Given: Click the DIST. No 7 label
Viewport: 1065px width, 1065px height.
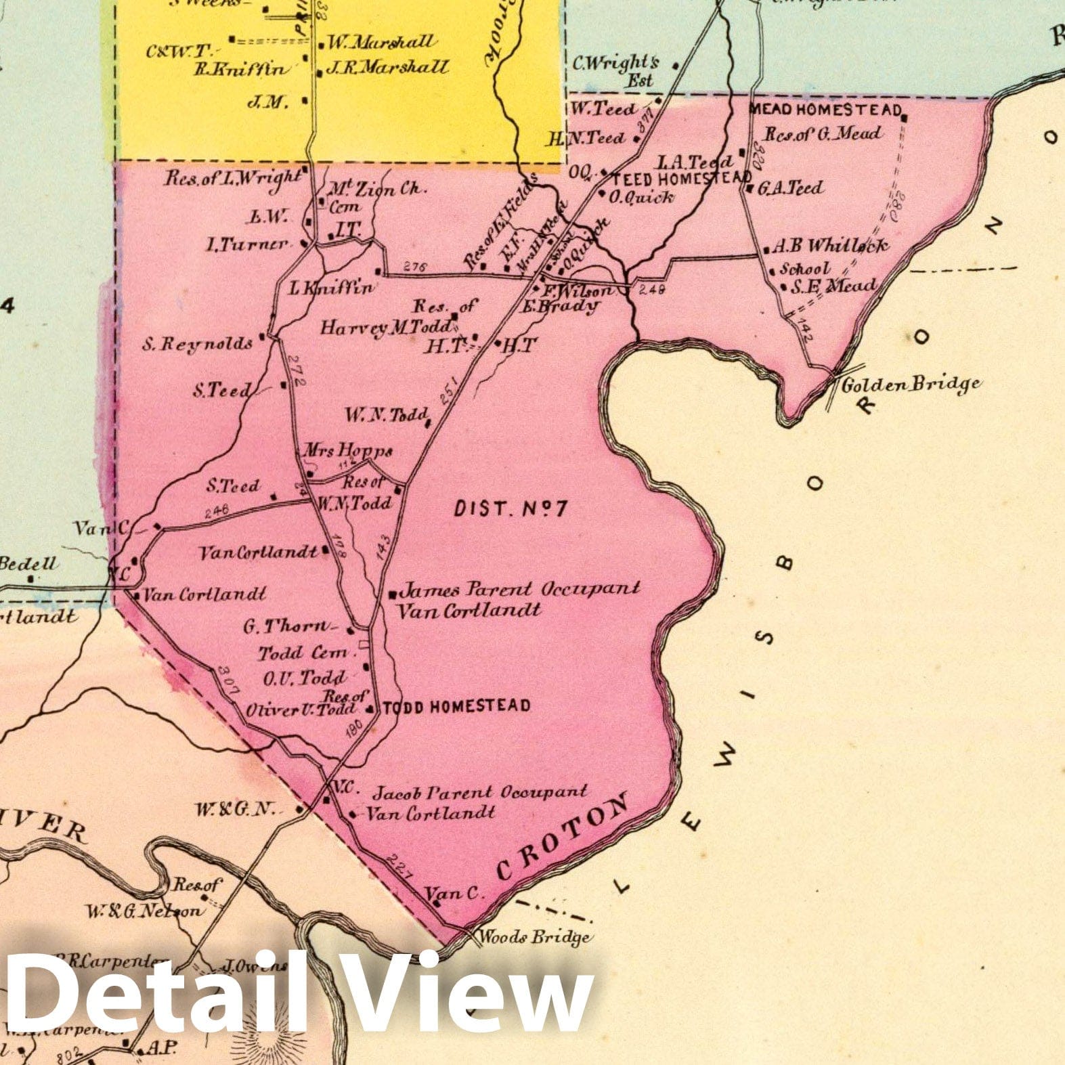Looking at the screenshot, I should click(x=510, y=508).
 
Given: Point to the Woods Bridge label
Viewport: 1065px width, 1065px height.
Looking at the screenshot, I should click(x=534, y=938).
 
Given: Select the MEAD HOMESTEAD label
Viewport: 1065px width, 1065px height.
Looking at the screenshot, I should click(x=825, y=110).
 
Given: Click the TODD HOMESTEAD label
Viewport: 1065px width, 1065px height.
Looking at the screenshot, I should click(x=456, y=707).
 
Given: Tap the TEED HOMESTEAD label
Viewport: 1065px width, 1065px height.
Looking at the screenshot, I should click(x=682, y=179).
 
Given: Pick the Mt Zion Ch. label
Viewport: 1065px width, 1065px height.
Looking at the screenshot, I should click(x=378, y=189).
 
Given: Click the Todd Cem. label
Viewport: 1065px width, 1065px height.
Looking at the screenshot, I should click(x=306, y=653).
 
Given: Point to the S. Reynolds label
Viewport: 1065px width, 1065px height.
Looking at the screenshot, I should click(x=197, y=344).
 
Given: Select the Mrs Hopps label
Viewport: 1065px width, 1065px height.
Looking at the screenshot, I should click(x=347, y=450).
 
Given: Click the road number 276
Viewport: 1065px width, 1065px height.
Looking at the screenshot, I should click(x=414, y=267).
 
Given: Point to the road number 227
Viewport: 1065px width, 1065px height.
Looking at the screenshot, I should click(x=399, y=867).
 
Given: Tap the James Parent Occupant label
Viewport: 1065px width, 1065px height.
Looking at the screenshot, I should click(x=519, y=589).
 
